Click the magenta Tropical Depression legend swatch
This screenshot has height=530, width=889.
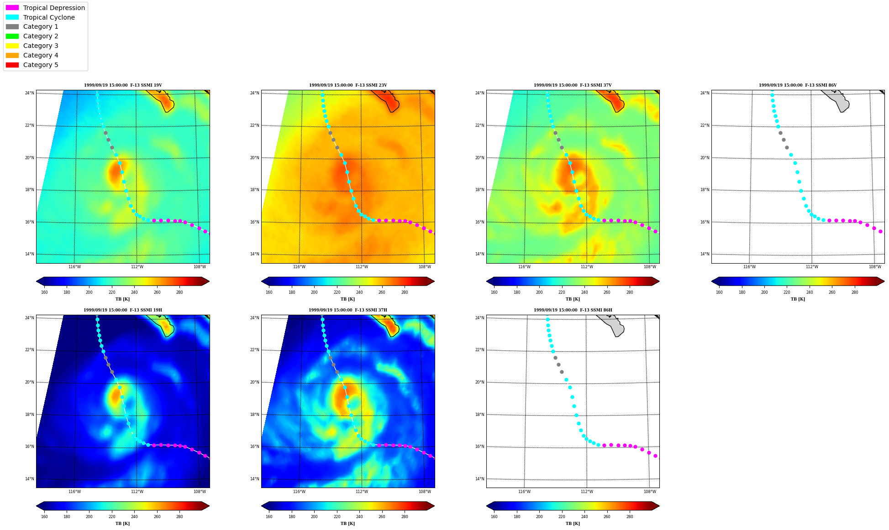pyautogui.click(x=12, y=8)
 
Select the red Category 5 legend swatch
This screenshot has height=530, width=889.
pyautogui.click(x=12, y=65)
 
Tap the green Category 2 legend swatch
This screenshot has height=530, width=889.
pyautogui.click(x=12, y=36)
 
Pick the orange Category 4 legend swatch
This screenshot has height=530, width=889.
pyautogui.click(x=12, y=55)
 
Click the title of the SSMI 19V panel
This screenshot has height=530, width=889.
pyautogui.click(x=123, y=85)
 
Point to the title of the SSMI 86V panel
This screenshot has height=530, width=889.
pyautogui.click(x=798, y=85)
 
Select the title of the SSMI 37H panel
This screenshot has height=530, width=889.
pyautogui.click(x=347, y=310)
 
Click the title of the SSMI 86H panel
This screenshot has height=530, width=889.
pyautogui.click(x=573, y=310)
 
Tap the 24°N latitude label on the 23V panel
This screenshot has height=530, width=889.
pyautogui.click(x=254, y=93)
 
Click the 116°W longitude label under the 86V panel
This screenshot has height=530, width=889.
pyautogui.click(x=749, y=267)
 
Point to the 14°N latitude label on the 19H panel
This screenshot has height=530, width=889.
pyautogui.click(x=29, y=479)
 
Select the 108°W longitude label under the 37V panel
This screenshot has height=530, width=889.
pyautogui.click(x=650, y=267)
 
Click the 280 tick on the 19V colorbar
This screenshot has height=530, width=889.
pyautogui.click(x=179, y=292)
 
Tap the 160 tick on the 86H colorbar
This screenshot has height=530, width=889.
pyautogui.click(x=494, y=517)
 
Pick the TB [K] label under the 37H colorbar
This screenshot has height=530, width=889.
pyautogui.click(x=347, y=524)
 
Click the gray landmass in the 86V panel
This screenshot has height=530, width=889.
pyautogui.click(x=837, y=100)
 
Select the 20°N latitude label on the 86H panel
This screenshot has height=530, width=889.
pyautogui.click(x=479, y=382)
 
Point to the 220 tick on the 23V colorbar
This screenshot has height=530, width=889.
pyautogui.click(x=337, y=292)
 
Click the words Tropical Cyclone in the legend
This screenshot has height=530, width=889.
pyautogui.click(x=49, y=17)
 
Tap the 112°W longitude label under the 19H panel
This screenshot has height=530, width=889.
pyautogui.click(x=137, y=492)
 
